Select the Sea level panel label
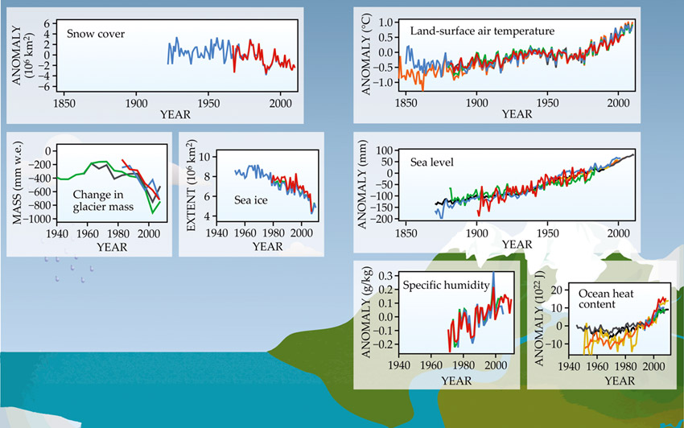click(x=431, y=163)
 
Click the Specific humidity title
click(x=441, y=285)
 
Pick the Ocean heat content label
click(x=597, y=298)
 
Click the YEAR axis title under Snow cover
click(x=175, y=114)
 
